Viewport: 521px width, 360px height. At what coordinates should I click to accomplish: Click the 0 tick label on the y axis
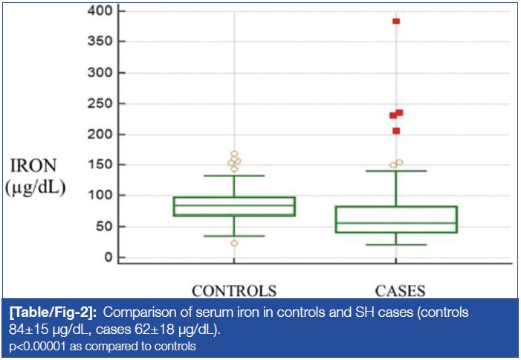click(108, 257)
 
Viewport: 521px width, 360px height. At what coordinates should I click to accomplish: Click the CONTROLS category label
click(234, 290)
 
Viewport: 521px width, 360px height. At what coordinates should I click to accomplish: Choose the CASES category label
click(396, 290)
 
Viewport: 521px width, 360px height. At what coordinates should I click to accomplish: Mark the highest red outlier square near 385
click(396, 21)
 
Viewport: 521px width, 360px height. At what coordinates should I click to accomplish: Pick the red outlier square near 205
click(396, 131)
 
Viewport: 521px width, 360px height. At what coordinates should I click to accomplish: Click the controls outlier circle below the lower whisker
click(234, 243)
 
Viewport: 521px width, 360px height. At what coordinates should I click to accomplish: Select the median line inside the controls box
click(234, 206)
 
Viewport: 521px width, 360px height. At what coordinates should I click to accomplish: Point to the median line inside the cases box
click(396, 223)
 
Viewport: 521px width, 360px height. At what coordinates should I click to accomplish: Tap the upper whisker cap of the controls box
click(234, 176)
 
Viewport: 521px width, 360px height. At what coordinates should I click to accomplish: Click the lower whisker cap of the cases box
click(396, 245)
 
